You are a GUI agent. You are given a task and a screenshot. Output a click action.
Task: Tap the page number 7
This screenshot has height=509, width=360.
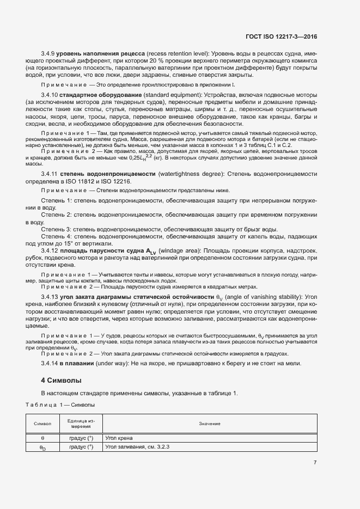point(315,463)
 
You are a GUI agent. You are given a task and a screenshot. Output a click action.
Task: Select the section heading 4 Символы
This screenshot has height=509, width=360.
point(61,379)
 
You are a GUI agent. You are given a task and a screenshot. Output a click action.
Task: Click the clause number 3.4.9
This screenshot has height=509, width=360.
point(50,53)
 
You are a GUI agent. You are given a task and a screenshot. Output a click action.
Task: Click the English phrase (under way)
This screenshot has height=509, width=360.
point(114,363)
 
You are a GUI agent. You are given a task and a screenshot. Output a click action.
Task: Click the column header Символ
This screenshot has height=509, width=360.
point(42,423)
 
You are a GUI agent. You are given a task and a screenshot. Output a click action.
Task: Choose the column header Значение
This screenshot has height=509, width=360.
point(209,423)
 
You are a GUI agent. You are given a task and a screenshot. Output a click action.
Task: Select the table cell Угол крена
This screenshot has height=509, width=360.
point(120,437)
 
